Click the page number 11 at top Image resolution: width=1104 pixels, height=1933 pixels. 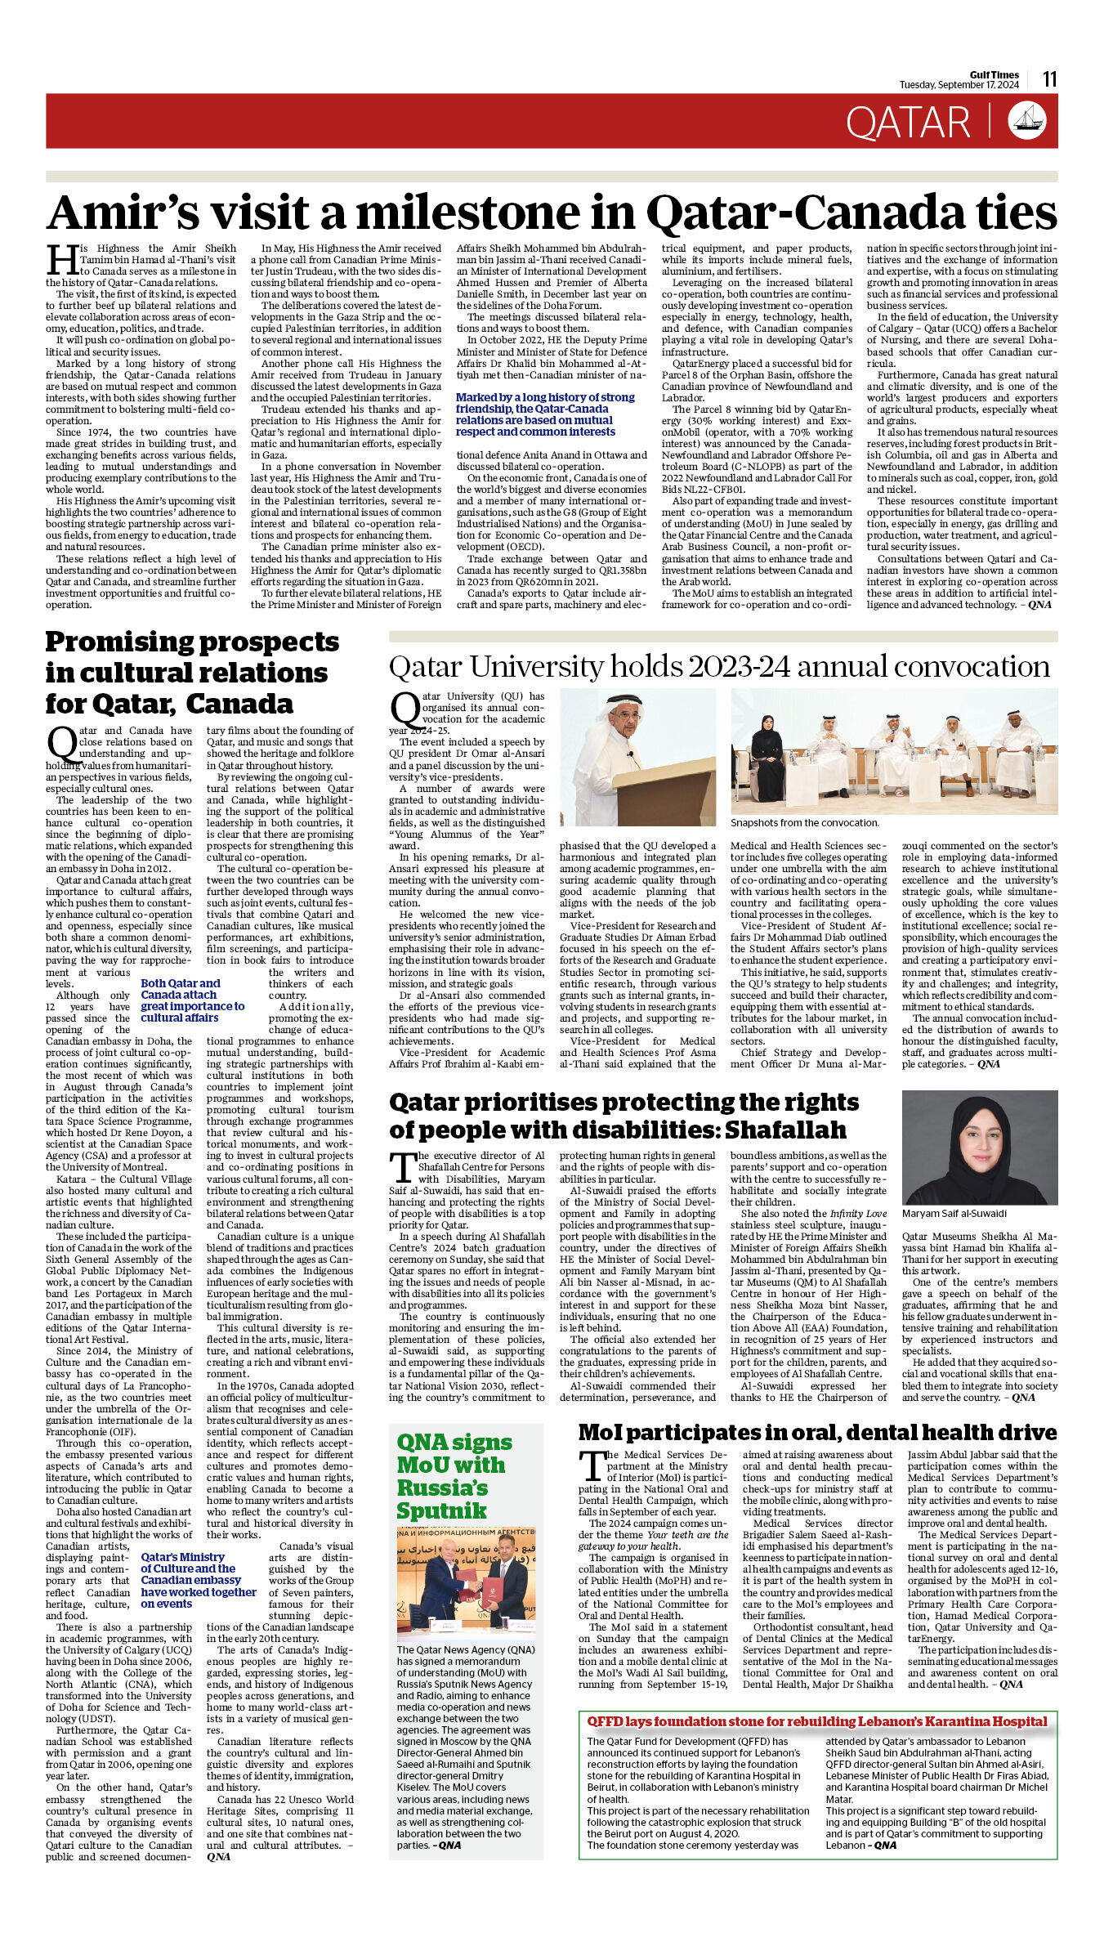(x=1049, y=78)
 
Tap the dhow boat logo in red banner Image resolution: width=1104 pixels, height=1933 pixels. (x=1026, y=120)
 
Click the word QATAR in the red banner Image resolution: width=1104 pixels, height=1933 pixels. (x=908, y=123)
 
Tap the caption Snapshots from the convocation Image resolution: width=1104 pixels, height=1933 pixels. (x=804, y=822)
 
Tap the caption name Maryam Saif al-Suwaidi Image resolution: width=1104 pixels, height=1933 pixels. (x=954, y=1213)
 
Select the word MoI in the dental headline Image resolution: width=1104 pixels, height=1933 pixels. (x=600, y=1432)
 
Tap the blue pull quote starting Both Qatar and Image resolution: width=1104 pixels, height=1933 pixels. (x=192, y=1000)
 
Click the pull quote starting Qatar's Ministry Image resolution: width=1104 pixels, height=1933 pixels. (x=198, y=1580)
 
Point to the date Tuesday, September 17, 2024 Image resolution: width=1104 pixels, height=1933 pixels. (x=959, y=85)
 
